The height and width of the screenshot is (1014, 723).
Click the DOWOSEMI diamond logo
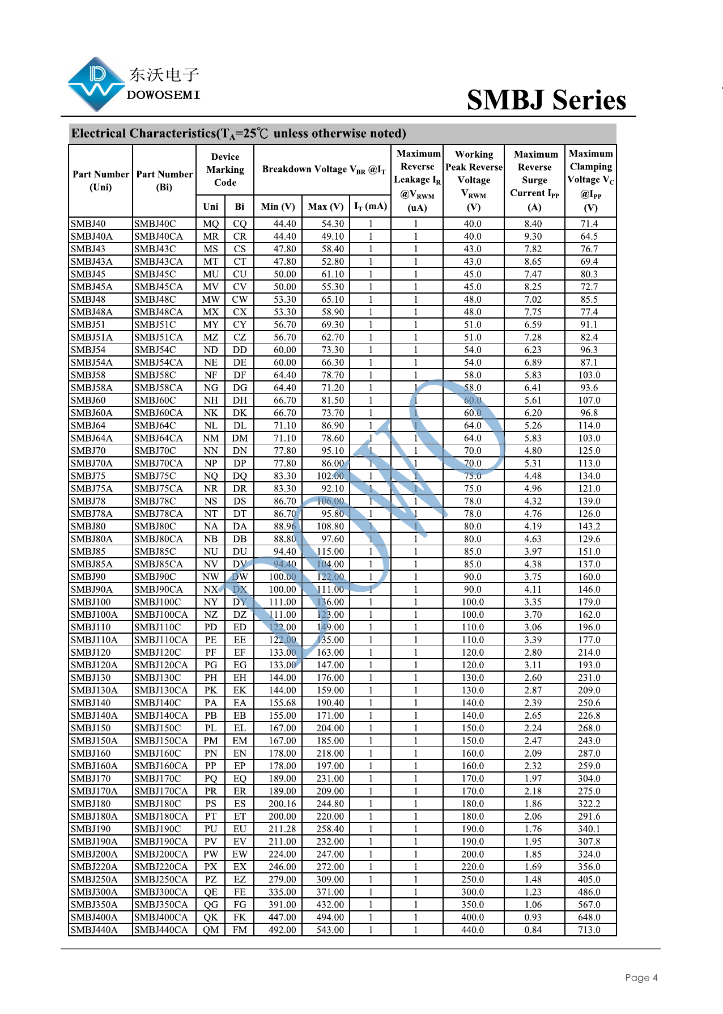(96, 84)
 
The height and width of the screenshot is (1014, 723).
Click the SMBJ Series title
(546, 100)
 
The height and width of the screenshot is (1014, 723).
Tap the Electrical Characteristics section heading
(238, 134)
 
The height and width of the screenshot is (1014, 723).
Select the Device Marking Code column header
(225, 169)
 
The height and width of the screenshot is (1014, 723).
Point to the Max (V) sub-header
(325, 206)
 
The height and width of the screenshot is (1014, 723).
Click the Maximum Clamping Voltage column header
(590, 180)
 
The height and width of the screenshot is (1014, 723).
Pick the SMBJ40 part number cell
(88, 224)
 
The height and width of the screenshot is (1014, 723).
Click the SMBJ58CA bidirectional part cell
(159, 388)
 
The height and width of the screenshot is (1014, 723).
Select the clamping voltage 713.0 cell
(589, 930)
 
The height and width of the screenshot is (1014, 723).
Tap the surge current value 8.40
(533, 224)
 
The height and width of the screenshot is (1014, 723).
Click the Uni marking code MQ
(211, 224)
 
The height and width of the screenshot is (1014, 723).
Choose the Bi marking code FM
(240, 930)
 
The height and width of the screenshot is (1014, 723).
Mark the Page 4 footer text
(641, 977)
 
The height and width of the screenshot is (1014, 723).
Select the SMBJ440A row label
(94, 930)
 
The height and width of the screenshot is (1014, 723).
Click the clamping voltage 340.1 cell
(589, 829)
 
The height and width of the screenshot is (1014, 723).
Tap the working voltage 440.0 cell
(473, 930)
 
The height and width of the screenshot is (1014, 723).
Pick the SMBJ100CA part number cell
(161, 614)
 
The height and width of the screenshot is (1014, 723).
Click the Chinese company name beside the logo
(164, 75)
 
